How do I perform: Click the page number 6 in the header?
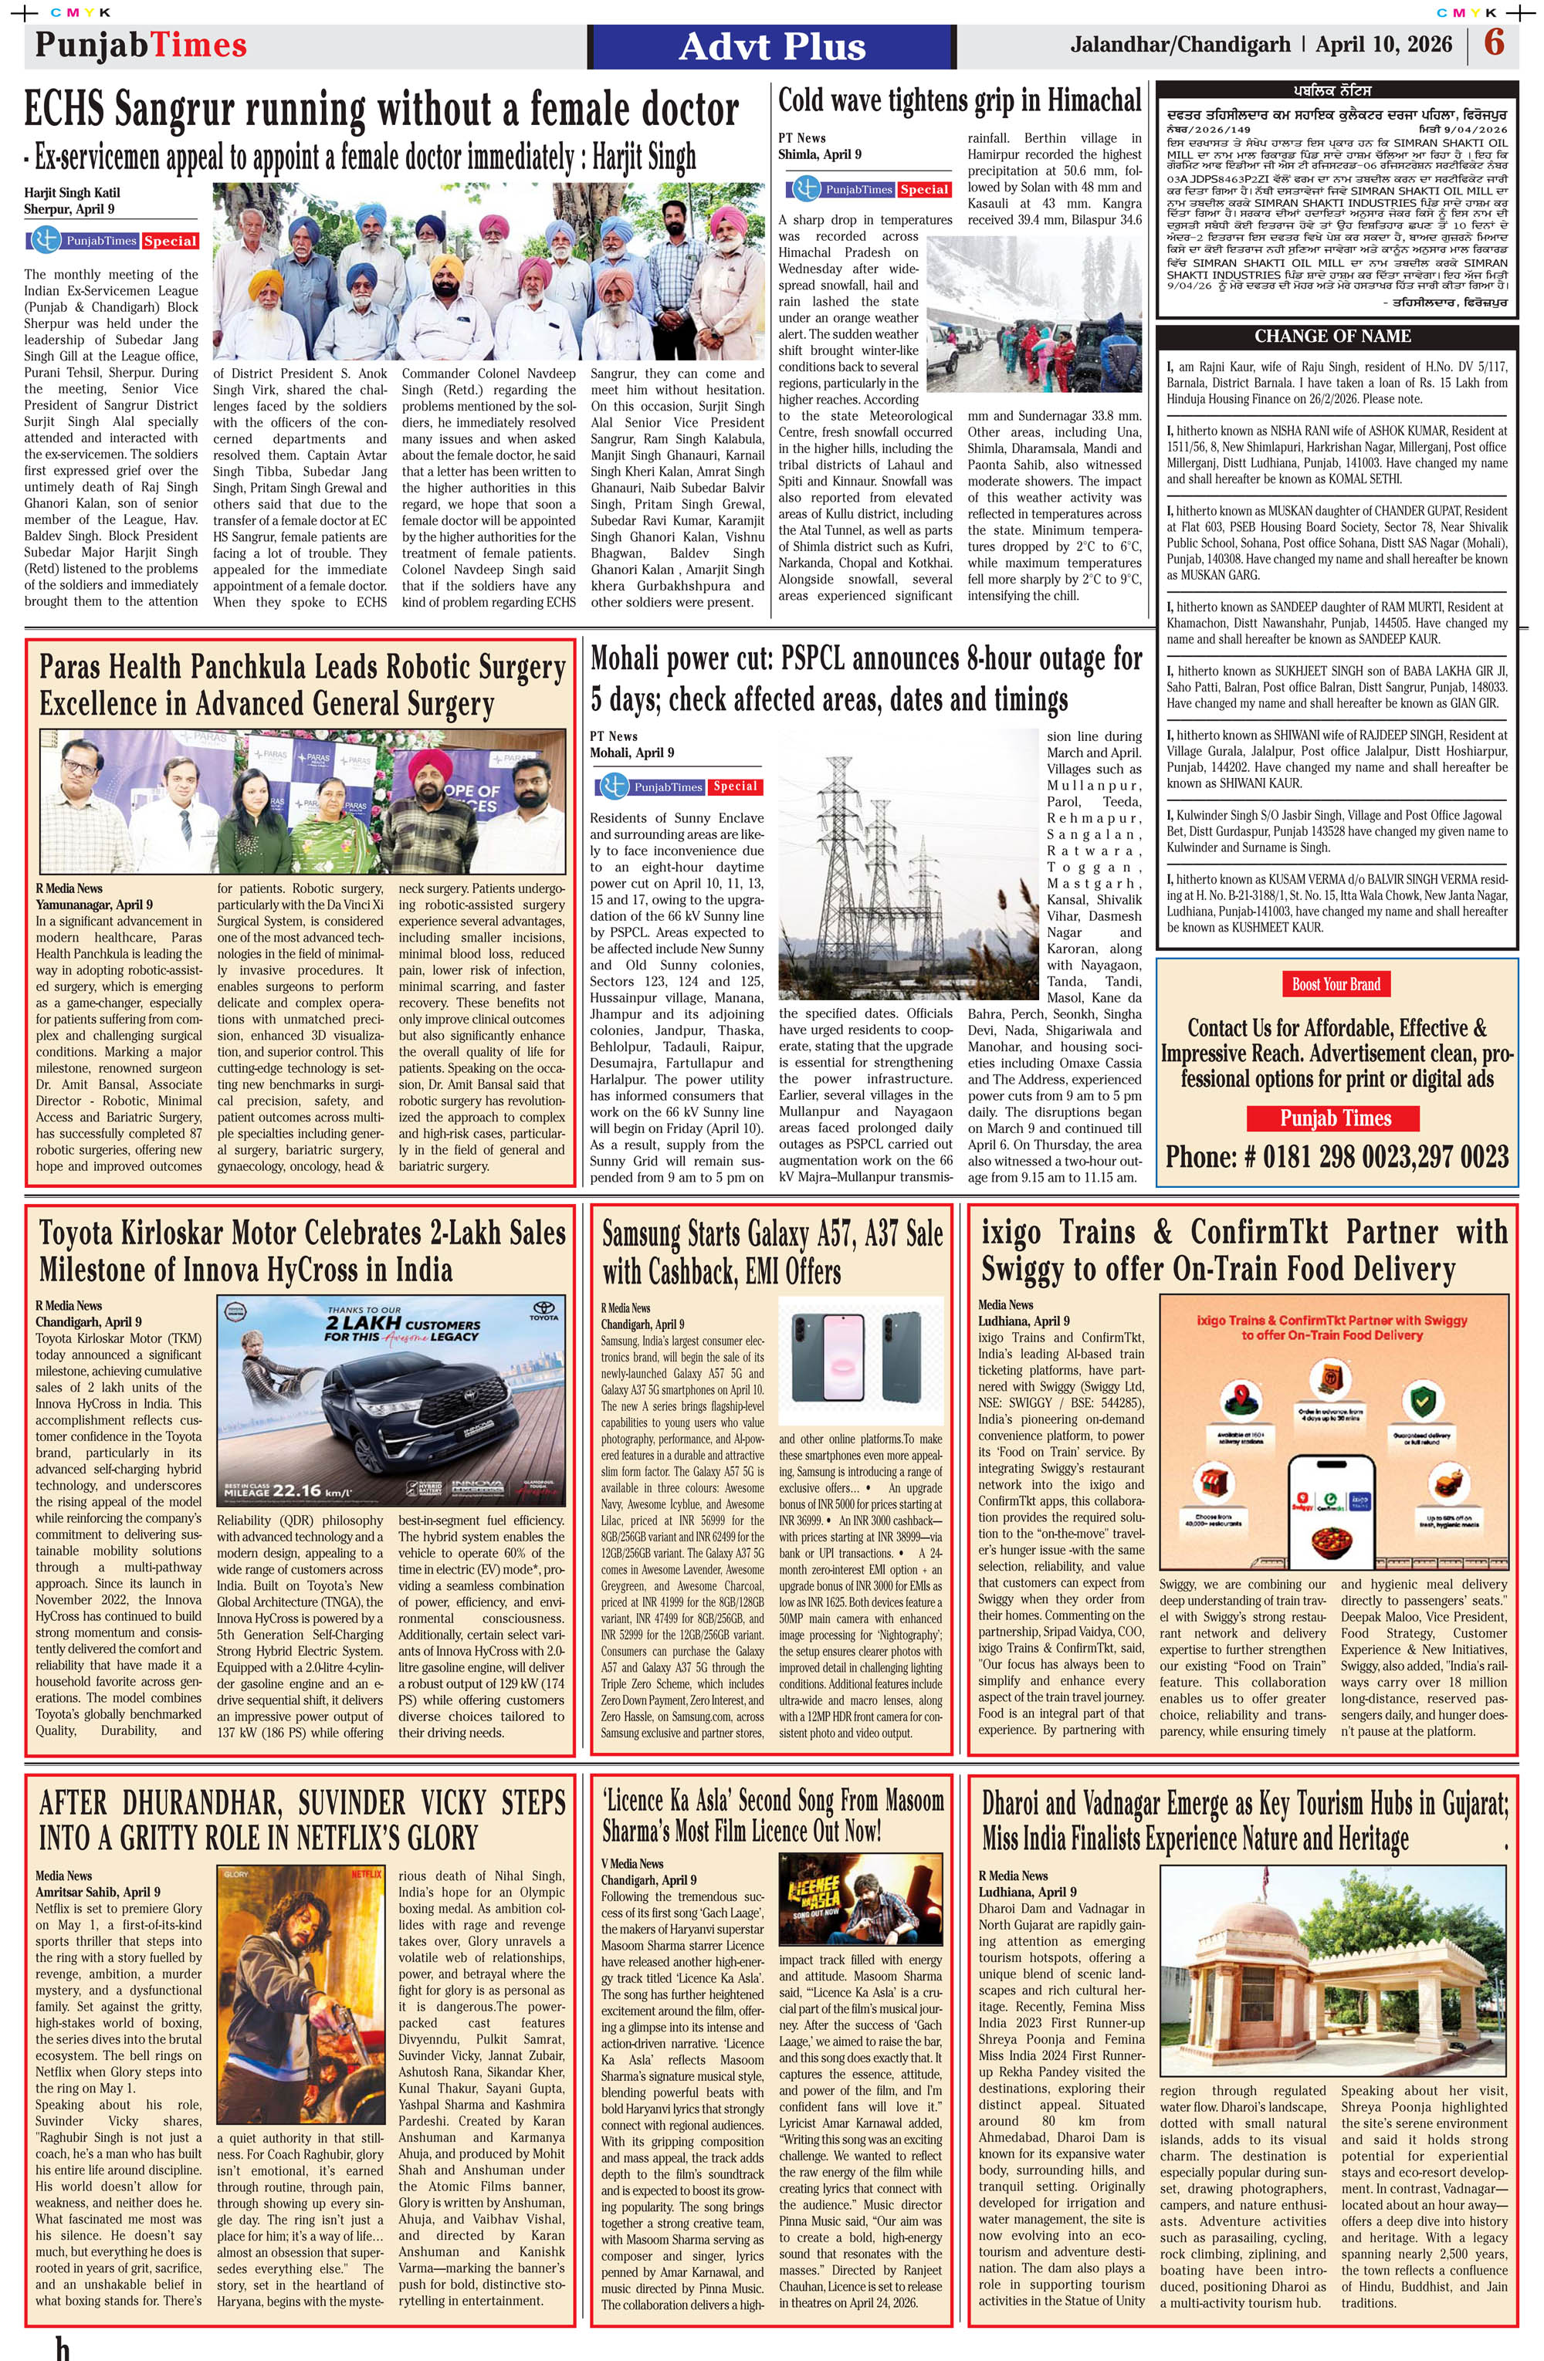coord(1493,44)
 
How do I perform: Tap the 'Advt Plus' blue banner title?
coord(772,46)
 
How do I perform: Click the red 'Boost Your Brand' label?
coord(1336,984)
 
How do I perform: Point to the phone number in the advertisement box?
coord(1336,1157)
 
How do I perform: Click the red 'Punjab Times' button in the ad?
coord(1336,1118)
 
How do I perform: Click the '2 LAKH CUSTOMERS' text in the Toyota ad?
coord(402,1324)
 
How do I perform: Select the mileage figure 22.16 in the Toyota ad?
coord(298,1490)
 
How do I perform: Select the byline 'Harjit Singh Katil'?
coord(73,192)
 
